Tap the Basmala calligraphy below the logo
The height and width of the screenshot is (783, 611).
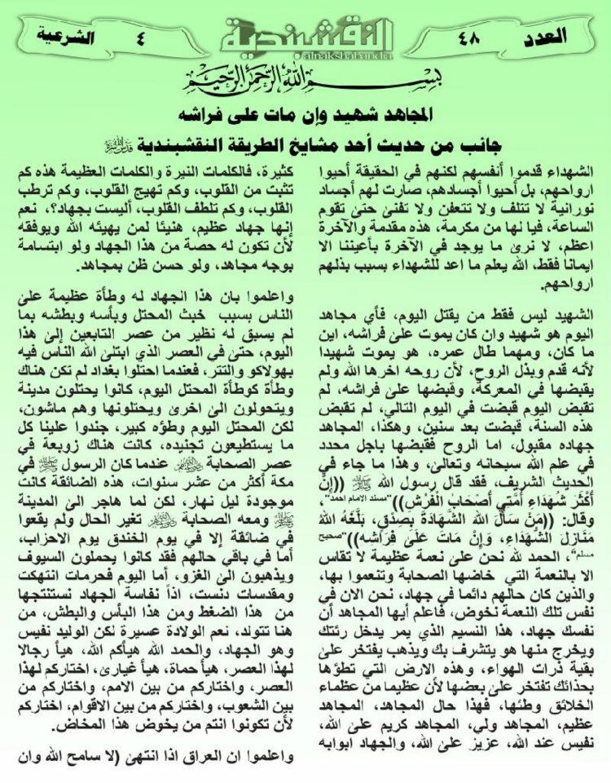tap(305, 82)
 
